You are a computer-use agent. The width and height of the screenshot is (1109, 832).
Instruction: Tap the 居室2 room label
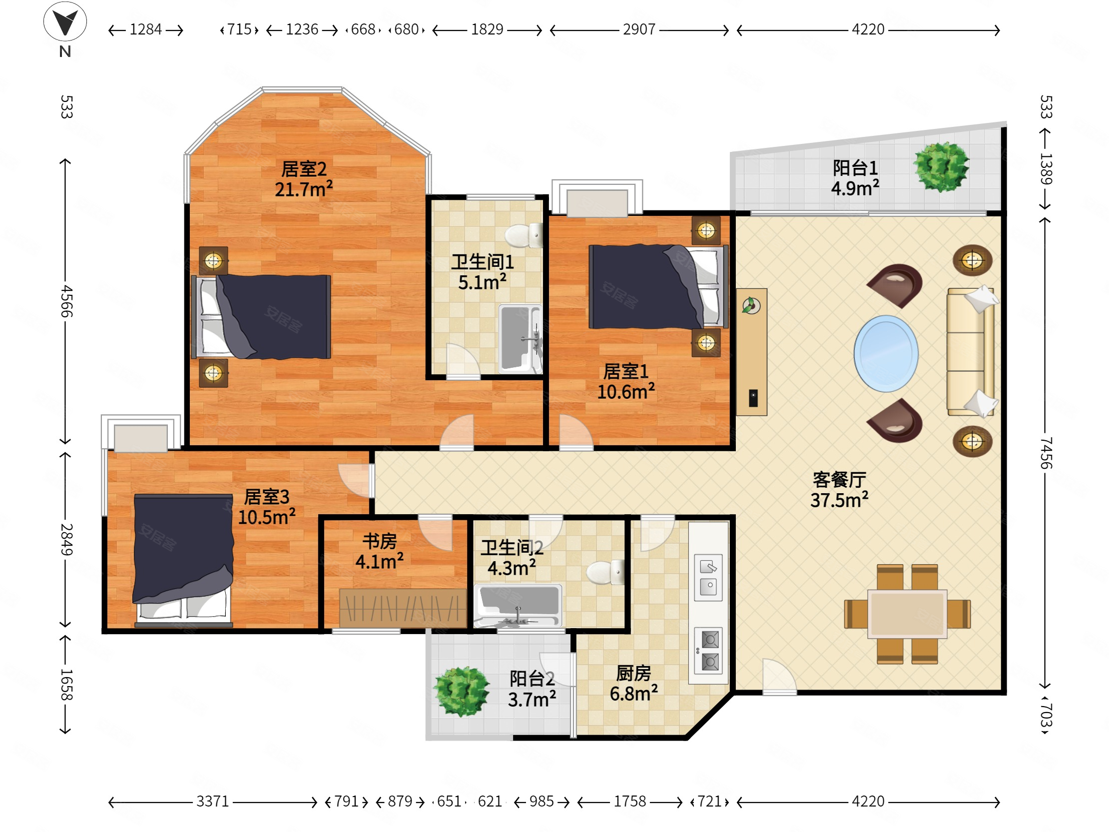pos(304,169)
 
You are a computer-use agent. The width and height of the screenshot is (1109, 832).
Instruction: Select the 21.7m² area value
pos(304,189)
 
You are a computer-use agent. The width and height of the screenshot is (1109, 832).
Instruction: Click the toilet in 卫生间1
pos(524,235)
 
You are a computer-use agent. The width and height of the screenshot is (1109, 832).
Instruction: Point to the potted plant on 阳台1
pos(941,167)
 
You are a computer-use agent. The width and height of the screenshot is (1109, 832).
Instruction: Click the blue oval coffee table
pos(886,354)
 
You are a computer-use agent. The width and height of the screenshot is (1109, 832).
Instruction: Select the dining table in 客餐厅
pos(908,614)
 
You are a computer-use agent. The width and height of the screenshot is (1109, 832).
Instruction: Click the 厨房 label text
pos(634,673)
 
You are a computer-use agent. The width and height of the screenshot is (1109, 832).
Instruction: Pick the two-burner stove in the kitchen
pos(708,651)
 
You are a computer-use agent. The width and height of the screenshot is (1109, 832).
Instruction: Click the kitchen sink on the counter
pos(708,577)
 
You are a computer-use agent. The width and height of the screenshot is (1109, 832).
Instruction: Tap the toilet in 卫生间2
pos(605,572)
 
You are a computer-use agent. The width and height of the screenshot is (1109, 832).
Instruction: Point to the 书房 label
pos(380,541)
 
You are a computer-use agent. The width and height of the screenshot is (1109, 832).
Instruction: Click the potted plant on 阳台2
pos(462,691)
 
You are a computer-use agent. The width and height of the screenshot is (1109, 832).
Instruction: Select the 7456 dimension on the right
pos(1046,453)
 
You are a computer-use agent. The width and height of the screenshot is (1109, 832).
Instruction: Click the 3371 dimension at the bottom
pos(213,801)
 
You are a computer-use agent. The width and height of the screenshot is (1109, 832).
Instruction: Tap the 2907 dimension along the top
pos(639,29)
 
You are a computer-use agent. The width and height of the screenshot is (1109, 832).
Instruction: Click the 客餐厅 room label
pos(839,480)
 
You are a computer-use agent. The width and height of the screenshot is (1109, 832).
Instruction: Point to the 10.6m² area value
pos(626,392)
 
